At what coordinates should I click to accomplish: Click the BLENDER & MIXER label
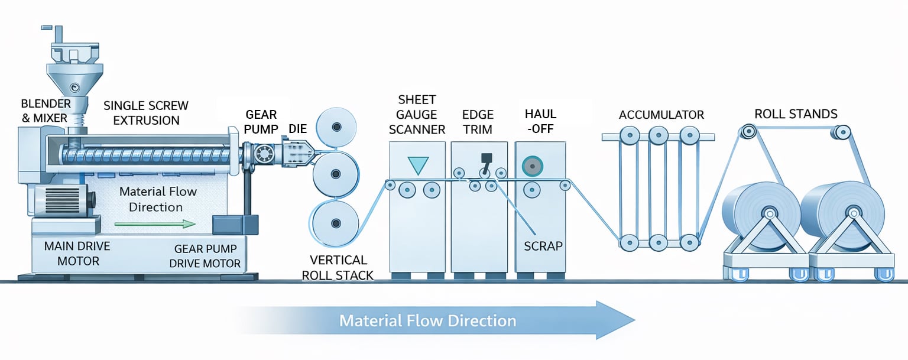(46, 111)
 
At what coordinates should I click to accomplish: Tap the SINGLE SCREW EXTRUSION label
(146, 113)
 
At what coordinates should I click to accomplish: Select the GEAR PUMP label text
(261, 121)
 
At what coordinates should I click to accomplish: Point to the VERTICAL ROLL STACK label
(338, 267)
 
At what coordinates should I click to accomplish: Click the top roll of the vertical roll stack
(336, 127)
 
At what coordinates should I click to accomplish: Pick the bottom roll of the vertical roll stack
(336, 223)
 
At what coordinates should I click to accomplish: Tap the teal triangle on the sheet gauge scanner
(417, 164)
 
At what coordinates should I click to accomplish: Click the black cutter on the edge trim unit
(487, 158)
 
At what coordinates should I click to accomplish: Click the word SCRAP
(543, 245)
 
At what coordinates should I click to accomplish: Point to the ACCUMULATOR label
(661, 115)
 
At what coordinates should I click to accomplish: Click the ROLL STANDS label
(796, 113)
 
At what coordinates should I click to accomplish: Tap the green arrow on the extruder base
(155, 224)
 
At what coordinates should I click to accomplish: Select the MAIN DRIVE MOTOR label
(77, 253)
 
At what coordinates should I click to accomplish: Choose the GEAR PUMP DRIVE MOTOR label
(205, 257)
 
